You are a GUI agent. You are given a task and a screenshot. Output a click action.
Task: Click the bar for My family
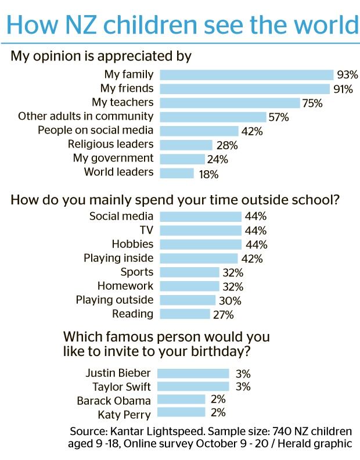tap(246, 75)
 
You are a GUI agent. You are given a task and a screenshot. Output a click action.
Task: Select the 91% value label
tap(343, 89)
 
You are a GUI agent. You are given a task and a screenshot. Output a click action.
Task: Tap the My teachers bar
tap(229, 103)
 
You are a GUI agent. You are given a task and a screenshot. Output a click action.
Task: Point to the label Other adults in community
tap(85, 116)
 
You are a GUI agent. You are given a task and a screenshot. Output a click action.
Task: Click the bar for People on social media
tap(199, 130)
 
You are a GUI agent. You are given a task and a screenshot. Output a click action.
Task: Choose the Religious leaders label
tap(110, 144)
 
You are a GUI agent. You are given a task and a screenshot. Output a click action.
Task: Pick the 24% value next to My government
tap(217, 159)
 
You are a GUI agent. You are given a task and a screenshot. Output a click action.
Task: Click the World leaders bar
tap(177, 172)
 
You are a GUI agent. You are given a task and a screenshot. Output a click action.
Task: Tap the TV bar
tap(200, 231)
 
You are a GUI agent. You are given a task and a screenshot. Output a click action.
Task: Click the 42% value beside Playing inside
tap(251, 258)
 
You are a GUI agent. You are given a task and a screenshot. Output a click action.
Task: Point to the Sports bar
tap(189, 272)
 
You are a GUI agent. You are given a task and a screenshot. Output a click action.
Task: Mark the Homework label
tap(125, 286)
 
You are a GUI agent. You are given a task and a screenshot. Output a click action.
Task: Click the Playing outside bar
tap(188, 300)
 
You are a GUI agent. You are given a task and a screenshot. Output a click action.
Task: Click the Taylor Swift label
tap(121, 387)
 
